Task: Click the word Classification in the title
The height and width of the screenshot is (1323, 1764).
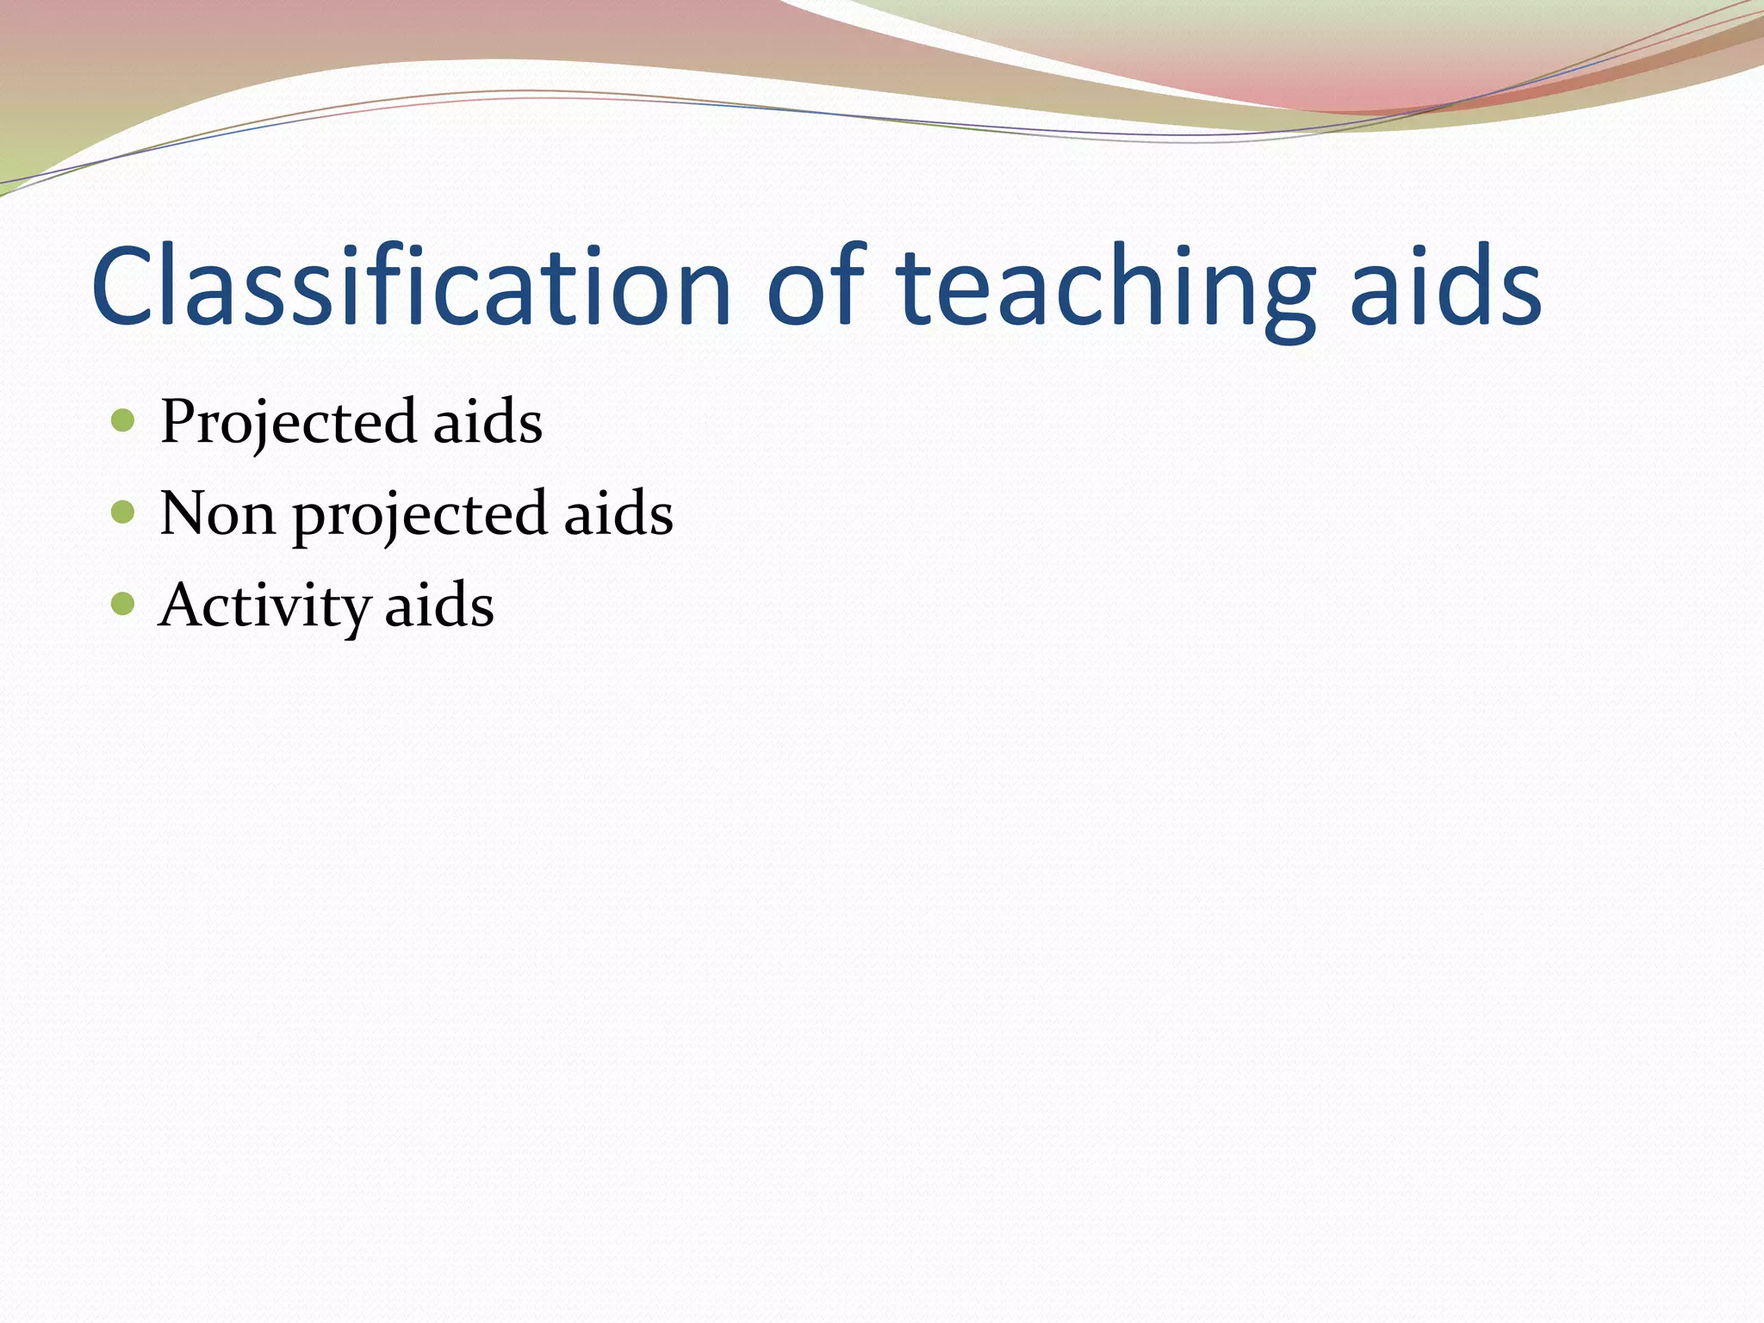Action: [411, 286]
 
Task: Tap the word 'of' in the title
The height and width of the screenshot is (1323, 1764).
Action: [815, 286]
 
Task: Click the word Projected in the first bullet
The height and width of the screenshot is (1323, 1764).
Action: [287, 422]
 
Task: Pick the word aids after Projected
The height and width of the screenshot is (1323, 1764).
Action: [487, 422]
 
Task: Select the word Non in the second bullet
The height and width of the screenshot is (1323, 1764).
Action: [217, 514]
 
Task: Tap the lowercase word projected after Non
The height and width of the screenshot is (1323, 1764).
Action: [419, 517]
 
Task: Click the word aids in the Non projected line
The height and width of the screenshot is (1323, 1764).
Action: [618, 514]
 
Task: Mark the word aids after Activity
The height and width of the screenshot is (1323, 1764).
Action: [438, 606]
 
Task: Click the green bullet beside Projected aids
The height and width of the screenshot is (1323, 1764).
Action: [123, 420]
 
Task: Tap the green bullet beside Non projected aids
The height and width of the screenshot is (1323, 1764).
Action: [123, 512]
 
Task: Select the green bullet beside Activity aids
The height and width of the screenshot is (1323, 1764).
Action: [123, 604]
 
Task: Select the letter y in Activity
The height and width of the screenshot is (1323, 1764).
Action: [354, 612]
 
